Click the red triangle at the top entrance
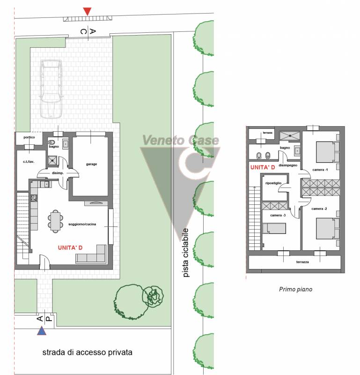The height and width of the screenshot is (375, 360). click(87, 11)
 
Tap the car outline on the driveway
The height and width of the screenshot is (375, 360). click(51, 89)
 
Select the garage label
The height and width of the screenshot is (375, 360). click(91, 164)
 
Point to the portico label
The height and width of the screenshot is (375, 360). click(29, 137)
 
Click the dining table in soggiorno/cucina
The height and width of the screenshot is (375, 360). click(55, 221)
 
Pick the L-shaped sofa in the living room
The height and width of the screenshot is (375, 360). click(91, 254)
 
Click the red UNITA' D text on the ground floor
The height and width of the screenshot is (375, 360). click(70, 248)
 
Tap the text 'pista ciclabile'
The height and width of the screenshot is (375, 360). click(185, 253)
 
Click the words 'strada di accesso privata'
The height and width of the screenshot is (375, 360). click(87, 352)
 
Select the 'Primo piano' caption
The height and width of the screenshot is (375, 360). click(295, 289)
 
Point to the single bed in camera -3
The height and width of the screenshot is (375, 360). click(274, 228)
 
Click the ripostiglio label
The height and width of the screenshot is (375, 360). click(273, 183)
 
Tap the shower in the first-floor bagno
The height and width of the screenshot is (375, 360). click(289, 135)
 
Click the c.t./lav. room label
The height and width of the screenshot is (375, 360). click(29, 162)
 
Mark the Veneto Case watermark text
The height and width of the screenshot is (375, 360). click(181, 140)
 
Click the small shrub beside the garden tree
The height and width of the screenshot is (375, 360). click(153, 296)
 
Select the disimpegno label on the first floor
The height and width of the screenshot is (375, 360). click(288, 165)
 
